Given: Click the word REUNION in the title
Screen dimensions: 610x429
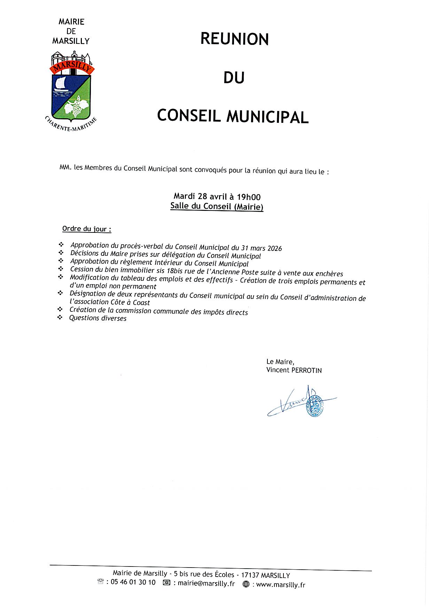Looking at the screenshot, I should pos(234,39).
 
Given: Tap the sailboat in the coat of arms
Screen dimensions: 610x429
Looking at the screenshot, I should pos(62,85).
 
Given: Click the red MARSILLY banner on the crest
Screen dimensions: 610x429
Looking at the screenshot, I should pos(71,66).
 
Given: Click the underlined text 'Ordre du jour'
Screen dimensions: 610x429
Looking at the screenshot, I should pos(86,229).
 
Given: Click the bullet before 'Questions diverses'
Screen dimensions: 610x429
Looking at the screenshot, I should pos(60,317).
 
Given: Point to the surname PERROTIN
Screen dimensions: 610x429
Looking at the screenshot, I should pos(306,371).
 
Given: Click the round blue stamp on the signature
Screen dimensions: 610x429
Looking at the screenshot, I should pos(315,405).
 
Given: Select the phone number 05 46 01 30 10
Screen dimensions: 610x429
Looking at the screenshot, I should pos(133,583).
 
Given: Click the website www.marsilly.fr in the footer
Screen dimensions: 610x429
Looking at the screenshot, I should pos(280,585).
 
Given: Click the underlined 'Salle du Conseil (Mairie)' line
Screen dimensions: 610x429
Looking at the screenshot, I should pos(217,206).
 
